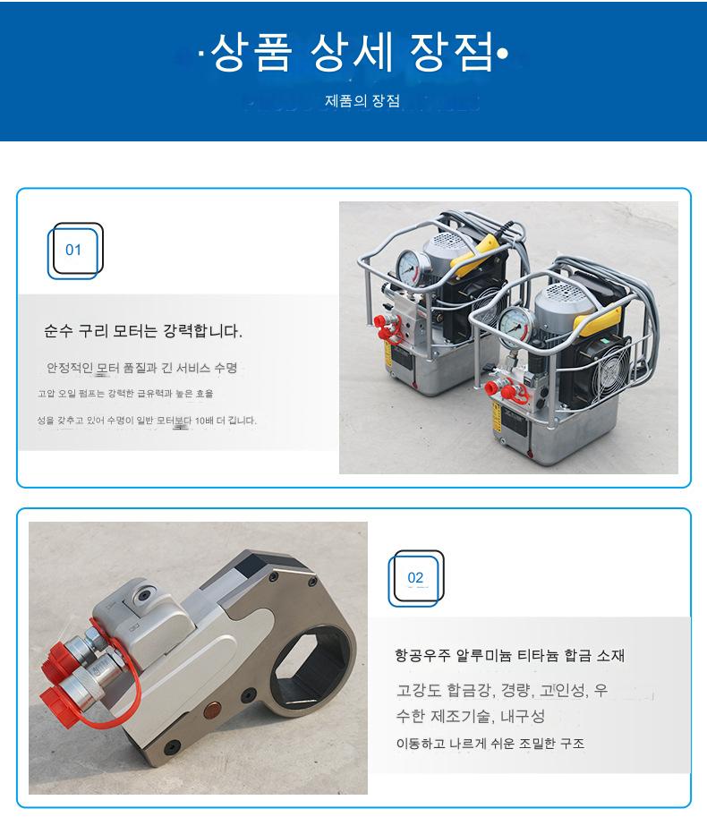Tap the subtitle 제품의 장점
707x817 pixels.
coord(362,100)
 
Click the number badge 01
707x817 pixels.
coord(73,250)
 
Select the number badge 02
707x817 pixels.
coord(415,578)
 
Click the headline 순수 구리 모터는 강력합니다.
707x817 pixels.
coord(143,331)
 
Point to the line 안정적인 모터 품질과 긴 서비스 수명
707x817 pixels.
coord(141,368)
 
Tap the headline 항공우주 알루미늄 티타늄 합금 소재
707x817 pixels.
coord(509,655)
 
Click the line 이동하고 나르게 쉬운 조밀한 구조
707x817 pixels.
coord(490,743)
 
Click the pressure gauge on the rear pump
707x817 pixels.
coord(412,267)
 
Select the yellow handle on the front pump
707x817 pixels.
coord(598,322)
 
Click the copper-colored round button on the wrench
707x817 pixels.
coord(212,709)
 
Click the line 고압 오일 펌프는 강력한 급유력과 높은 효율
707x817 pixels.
coord(125,394)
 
